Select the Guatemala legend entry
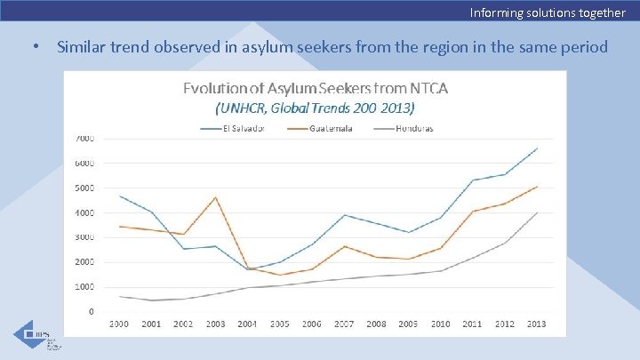click(x=330, y=128)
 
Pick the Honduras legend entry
click(x=414, y=128)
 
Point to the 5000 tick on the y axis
click(x=85, y=188)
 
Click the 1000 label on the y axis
click(x=85, y=287)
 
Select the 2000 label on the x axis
click(x=119, y=324)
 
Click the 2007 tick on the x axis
click(x=344, y=324)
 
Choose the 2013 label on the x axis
click(x=537, y=324)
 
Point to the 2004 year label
click(x=247, y=324)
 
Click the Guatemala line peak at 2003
click(x=215, y=197)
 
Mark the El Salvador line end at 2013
click(x=537, y=148)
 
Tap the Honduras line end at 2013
click(x=537, y=212)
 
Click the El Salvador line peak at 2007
click(x=344, y=215)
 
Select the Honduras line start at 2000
click(x=119, y=296)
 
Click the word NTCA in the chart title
click(x=429, y=88)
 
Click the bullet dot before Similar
click(x=34, y=46)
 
